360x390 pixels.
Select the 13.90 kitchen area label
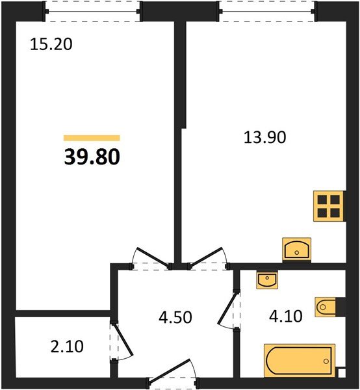pyautogui.click(x=264, y=137)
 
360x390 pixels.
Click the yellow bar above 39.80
pyautogui.click(x=92, y=138)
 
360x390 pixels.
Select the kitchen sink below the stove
pyautogui.click(x=296, y=249)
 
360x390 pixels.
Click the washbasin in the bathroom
pyautogui.click(x=267, y=279)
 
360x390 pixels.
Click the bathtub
pyautogui.click(x=298, y=359)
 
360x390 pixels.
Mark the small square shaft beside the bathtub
pyautogui.click(x=341, y=372)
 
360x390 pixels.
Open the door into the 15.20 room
pyautogui.click(x=146, y=258)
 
